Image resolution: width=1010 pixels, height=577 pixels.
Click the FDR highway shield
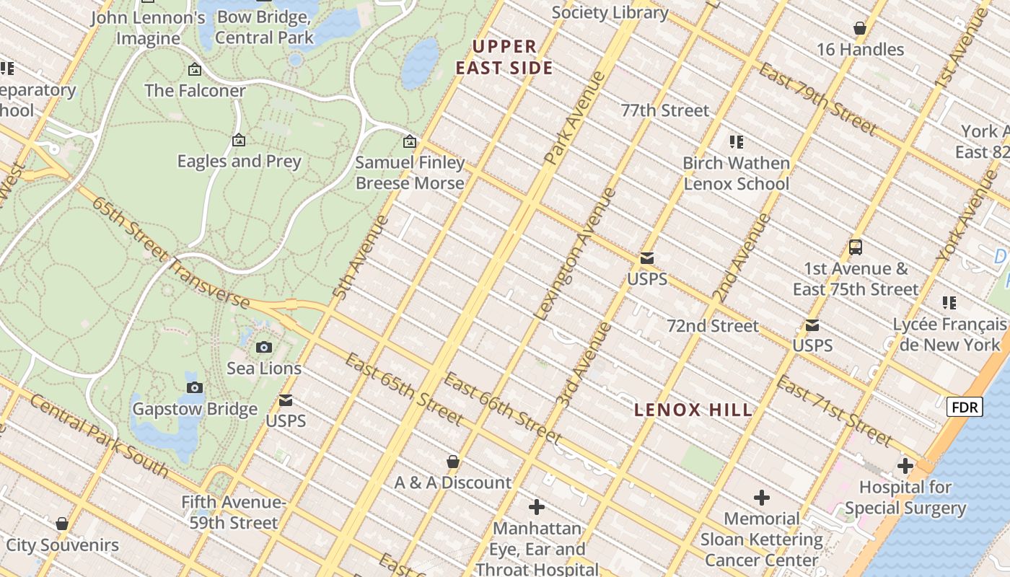(x=965, y=408)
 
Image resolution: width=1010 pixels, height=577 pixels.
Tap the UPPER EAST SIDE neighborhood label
(x=513, y=58)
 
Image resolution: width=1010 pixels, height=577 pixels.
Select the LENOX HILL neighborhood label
(x=693, y=410)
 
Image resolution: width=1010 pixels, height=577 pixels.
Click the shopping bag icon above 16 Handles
(x=859, y=28)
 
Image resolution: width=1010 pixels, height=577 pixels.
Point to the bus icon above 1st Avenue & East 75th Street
(x=856, y=247)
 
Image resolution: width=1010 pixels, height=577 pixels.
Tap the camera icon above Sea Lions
(x=264, y=347)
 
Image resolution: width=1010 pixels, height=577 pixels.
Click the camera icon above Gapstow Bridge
(x=195, y=388)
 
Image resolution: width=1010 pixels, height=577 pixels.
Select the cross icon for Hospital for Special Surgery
(x=905, y=466)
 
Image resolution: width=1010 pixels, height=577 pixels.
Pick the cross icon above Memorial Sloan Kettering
(x=762, y=498)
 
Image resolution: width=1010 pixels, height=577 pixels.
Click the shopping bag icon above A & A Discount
(x=453, y=462)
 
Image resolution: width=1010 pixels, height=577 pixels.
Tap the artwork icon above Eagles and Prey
(x=239, y=140)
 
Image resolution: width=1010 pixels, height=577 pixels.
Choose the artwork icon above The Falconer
(x=195, y=69)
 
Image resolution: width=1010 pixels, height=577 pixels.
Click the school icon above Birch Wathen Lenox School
(x=736, y=142)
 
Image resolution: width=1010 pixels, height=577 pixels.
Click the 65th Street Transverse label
(x=170, y=254)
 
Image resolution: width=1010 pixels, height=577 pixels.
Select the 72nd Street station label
(x=712, y=326)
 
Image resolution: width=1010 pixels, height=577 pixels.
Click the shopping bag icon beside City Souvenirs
(x=62, y=524)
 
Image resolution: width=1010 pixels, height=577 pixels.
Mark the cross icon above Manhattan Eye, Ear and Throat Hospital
(x=537, y=507)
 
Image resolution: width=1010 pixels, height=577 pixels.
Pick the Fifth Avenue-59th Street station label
(x=234, y=512)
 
